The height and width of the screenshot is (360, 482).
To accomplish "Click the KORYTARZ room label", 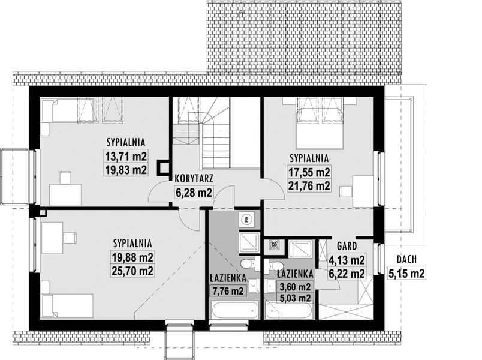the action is click(x=194, y=178).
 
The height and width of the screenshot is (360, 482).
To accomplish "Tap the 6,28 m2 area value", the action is click(x=194, y=193).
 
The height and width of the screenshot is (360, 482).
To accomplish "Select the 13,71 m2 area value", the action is click(x=126, y=156).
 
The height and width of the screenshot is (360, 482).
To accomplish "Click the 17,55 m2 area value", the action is click(x=309, y=172).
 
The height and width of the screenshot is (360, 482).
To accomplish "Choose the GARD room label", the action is click(x=347, y=246).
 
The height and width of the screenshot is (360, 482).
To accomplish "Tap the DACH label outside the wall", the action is click(x=406, y=259).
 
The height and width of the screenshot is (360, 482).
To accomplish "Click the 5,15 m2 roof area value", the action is click(x=406, y=273).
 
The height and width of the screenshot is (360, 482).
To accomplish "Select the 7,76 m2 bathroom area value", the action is click(x=228, y=291).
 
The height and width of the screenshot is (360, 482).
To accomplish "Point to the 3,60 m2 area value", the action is click(x=295, y=287).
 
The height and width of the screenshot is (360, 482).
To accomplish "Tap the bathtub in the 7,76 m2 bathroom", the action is click(x=234, y=310).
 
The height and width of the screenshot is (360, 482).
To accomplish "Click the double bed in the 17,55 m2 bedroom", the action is click(x=320, y=124).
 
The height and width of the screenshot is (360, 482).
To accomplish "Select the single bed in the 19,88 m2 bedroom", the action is click(x=68, y=305).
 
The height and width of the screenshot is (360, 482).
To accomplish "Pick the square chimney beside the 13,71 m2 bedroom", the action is click(x=163, y=167).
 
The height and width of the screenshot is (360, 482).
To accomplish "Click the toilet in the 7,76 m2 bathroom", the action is click(x=248, y=263).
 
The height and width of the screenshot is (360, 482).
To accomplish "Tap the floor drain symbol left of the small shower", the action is click(x=273, y=245).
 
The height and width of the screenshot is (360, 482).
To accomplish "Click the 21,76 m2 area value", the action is click(x=309, y=185).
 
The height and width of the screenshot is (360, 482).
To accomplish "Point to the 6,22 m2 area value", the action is click(x=347, y=273).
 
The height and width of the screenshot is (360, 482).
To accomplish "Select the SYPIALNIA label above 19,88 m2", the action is click(x=132, y=243).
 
